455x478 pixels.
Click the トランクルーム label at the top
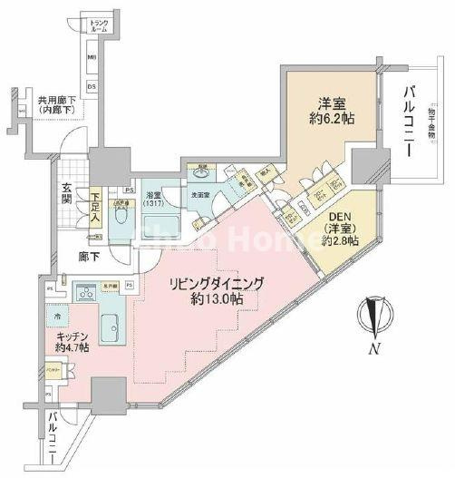click(x=99, y=25)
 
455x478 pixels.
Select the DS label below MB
click(x=92, y=86)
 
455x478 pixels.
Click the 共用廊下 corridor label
click(x=55, y=103)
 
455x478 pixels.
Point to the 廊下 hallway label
click(x=88, y=257)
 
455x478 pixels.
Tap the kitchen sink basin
click(x=109, y=326)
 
